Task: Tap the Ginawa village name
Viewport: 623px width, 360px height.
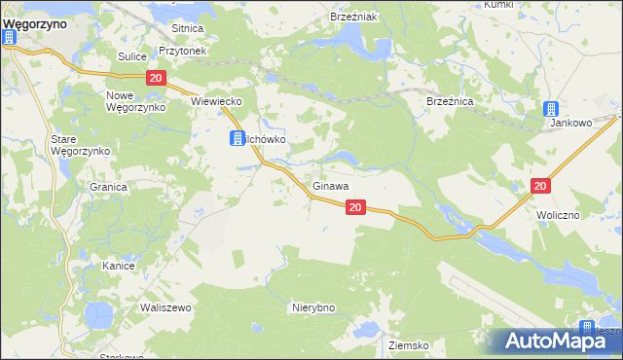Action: (331, 185)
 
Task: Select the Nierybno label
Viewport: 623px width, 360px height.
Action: (313, 307)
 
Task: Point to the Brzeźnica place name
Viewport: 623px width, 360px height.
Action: (450, 100)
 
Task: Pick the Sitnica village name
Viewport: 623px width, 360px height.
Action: (186, 29)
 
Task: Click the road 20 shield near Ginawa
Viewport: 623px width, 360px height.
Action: (355, 206)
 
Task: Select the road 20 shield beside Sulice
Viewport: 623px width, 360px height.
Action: (155, 77)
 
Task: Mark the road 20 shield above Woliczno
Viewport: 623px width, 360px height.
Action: (542, 185)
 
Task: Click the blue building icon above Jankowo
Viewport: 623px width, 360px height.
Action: (551, 109)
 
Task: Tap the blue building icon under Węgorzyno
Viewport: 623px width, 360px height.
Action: (11, 39)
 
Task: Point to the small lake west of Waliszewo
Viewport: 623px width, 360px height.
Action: (98, 314)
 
